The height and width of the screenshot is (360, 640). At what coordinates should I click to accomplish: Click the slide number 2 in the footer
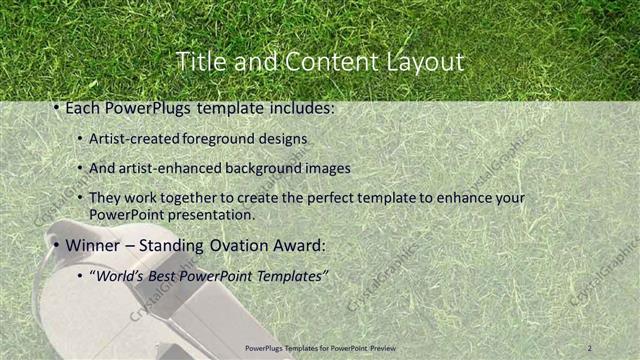click(590, 347)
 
